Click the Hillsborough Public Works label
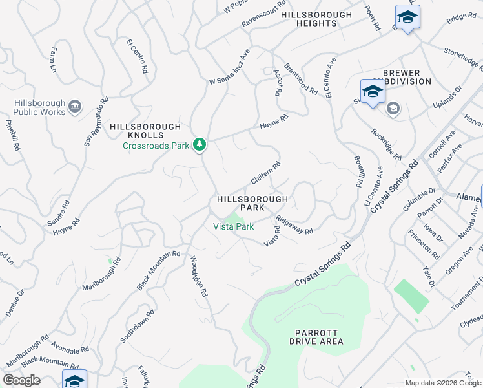(39, 107)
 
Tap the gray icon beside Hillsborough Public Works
(74, 106)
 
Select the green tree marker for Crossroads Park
(200, 144)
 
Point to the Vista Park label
(234, 226)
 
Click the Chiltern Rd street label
(265, 172)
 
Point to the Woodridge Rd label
(198, 276)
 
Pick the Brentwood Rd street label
(301, 79)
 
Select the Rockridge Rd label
(386, 144)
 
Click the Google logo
(21, 380)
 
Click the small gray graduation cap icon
(393, 109)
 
